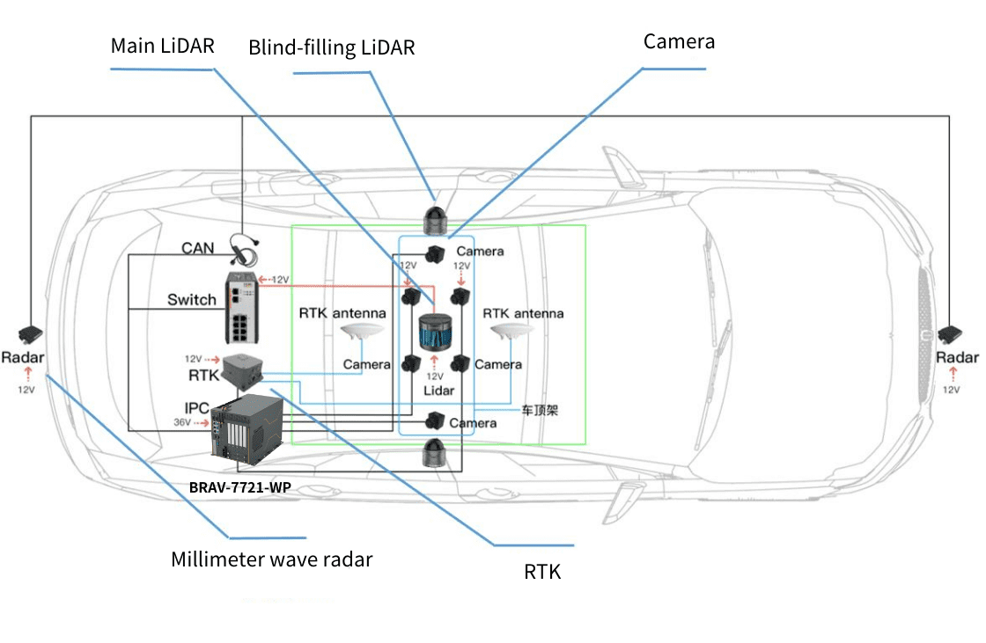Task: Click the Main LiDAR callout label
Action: click(162, 46)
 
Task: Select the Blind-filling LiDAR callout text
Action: click(331, 47)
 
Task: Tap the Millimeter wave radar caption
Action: click(271, 559)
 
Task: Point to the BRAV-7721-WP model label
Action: click(240, 486)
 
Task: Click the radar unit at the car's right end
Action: click(951, 335)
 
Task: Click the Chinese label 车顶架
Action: click(538, 409)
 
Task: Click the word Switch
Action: click(192, 300)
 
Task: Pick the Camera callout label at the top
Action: click(679, 41)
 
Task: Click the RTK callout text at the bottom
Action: click(542, 573)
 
